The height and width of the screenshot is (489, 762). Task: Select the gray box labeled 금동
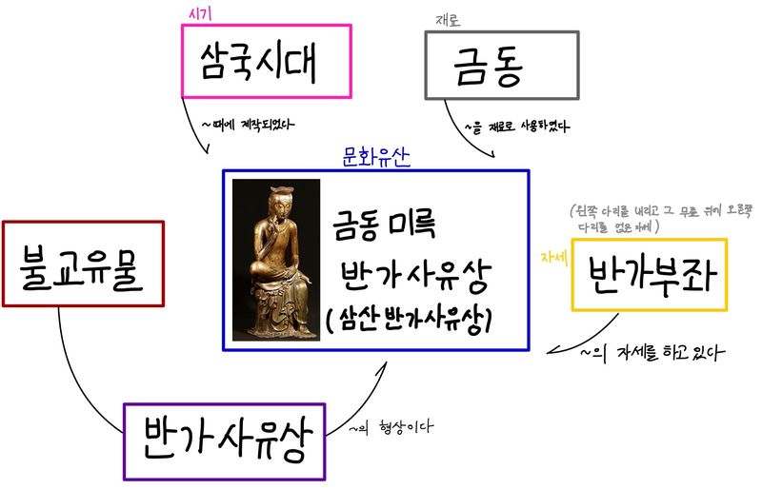pyautogui.click(x=501, y=65)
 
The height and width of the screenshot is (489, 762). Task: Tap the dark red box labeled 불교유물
pyautogui.click(x=83, y=264)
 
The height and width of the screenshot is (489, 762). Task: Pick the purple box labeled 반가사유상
pyautogui.click(x=224, y=440)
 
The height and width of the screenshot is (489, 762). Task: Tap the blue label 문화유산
pyautogui.click(x=375, y=158)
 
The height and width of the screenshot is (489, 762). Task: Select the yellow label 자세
pyautogui.click(x=553, y=258)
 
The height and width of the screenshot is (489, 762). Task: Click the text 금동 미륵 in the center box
pyautogui.click(x=382, y=226)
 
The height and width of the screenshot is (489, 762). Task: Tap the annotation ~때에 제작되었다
pyautogui.click(x=248, y=124)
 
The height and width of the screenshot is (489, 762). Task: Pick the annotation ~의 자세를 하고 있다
pyautogui.click(x=652, y=353)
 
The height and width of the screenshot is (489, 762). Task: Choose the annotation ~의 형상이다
pyautogui.click(x=391, y=428)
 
